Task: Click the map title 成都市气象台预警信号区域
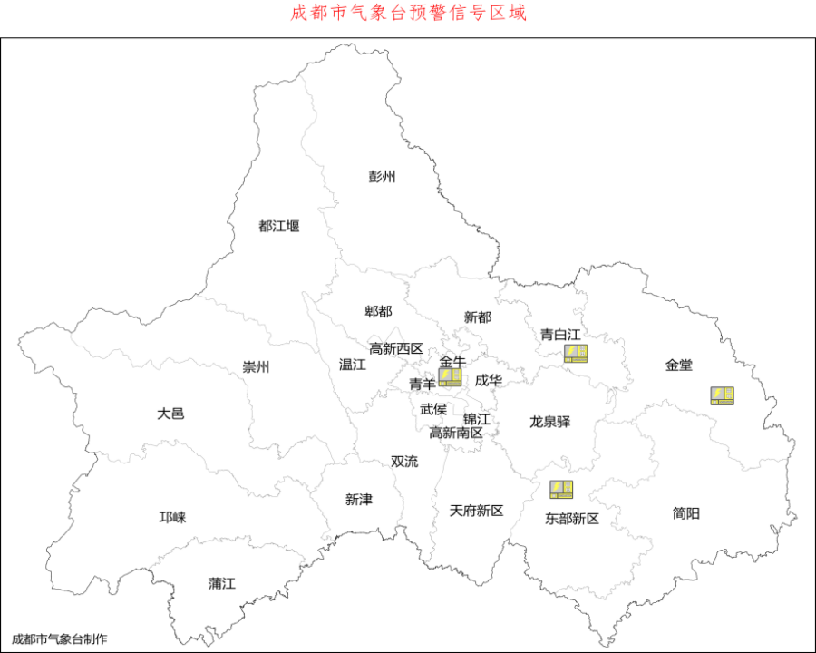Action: [408, 13]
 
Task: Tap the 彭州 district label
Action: [382, 176]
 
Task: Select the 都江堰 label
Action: [279, 226]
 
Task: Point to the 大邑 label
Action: [170, 413]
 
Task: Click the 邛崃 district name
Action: [172, 517]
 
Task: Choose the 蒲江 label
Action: [221, 583]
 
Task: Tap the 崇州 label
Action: [256, 367]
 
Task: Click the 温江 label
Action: [352, 365]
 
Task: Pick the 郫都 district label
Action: [378, 311]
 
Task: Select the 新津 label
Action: [359, 499]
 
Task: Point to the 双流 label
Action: [404, 461]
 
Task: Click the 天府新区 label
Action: [476, 511]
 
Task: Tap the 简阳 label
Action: [686, 512]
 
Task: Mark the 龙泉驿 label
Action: [550, 422]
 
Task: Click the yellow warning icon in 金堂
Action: [722, 395]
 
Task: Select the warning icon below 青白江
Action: [576, 354]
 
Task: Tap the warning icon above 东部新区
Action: [561, 490]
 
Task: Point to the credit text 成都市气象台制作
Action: [59, 638]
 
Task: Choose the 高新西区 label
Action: [396, 348]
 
